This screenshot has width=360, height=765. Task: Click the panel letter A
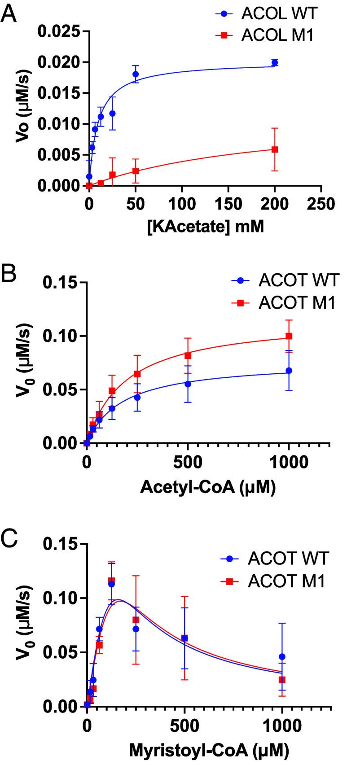(10, 16)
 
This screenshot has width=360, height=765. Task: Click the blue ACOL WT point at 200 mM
(275, 62)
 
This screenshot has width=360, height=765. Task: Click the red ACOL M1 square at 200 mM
(275, 149)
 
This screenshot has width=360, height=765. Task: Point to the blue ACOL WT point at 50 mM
(136, 74)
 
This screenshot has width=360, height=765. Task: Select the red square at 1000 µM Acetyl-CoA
(289, 336)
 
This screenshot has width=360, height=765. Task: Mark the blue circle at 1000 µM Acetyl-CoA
(289, 371)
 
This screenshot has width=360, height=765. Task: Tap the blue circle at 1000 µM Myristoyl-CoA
(282, 656)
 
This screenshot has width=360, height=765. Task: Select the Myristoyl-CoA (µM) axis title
(208, 749)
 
